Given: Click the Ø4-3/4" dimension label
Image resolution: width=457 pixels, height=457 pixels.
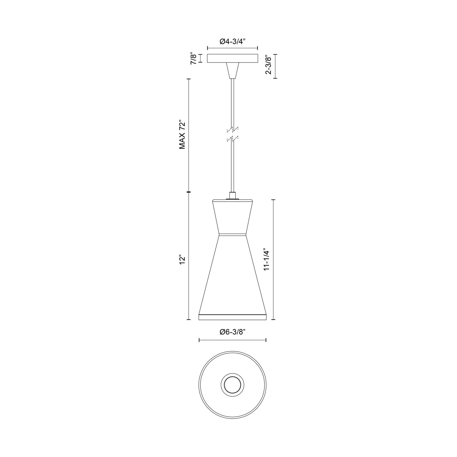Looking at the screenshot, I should pos(232,41).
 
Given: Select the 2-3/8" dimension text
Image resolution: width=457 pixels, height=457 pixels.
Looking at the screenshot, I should pos(268,65).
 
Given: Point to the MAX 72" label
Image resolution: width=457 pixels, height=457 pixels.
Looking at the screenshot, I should pos(182,134).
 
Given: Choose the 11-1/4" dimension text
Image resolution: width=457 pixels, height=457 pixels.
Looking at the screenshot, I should pos(267,259).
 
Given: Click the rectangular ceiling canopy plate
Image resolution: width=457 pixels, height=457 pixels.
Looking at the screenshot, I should pos(232,58).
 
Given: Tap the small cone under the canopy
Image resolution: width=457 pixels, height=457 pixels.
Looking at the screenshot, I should pos(232,70).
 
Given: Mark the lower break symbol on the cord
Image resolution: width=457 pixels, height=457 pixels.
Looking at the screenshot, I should pos(232,139).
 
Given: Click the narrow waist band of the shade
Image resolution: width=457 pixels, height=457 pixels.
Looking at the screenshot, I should pos(232,235).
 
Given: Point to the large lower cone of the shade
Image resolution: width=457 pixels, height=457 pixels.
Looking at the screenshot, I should pos(232,274).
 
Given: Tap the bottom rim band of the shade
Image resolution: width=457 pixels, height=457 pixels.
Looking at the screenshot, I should pos(232,317).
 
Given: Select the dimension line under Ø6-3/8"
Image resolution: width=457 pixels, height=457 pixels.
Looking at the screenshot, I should pos(232,340).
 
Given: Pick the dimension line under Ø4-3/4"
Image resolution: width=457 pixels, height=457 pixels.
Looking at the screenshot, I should pos(232,48).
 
